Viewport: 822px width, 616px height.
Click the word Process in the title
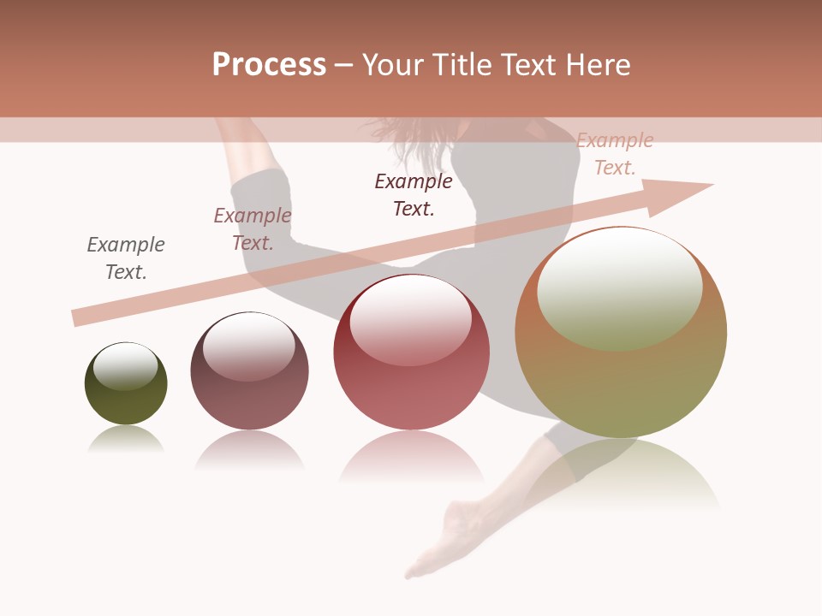(269, 65)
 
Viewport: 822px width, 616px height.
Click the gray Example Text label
(126, 258)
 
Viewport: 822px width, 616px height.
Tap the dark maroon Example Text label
(414, 194)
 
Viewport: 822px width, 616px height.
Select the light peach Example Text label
(615, 154)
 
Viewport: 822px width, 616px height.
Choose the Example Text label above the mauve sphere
(253, 229)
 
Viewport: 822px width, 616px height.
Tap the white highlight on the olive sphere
(125, 365)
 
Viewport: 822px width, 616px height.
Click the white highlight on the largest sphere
(619, 287)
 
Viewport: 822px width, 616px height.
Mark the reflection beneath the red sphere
(411, 458)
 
